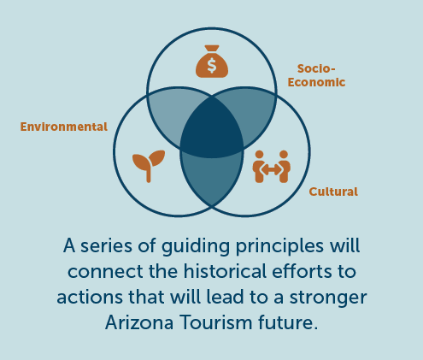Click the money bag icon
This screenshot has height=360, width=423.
[212, 62]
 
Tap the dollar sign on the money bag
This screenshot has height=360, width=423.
[212, 65]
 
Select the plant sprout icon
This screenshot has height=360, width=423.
[149, 166]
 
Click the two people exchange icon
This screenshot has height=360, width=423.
[272, 167]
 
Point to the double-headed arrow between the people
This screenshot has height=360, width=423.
[272, 170]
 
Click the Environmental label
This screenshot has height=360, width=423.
[64, 127]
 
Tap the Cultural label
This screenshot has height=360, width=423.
[333, 192]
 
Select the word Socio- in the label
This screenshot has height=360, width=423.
[316, 68]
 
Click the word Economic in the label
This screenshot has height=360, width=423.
[316, 82]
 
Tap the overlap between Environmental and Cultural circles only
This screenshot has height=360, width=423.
[212, 178]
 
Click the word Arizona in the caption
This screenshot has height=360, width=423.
[139, 322]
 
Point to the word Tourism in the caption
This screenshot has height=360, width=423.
[216, 322]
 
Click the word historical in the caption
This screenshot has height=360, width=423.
[225, 271]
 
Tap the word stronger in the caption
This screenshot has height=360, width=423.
[328, 298]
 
